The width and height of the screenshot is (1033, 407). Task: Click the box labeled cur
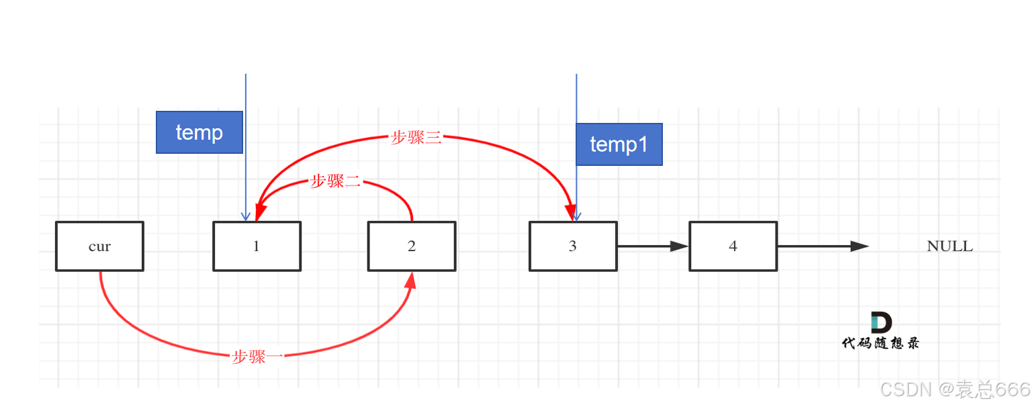pyautogui.click(x=99, y=246)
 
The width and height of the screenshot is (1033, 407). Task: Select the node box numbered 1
pyautogui.click(x=257, y=246)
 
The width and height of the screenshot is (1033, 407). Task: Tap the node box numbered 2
pyautogui.click(x=412, y=246)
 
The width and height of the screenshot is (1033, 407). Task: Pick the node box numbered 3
pyautogui.click(x=573, y=246)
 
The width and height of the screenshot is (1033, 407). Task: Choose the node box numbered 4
pyautogui.click(x=733, y=246)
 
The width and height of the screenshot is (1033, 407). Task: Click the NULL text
pyautogui.click(x=950, y=246)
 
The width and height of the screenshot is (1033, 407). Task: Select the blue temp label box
pyautogui.click(x=199, y=132)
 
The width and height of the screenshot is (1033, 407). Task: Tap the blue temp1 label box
pyautogui.click(x=619, y=144)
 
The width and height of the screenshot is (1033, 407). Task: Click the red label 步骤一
pyautogui.click(x=257, y=357)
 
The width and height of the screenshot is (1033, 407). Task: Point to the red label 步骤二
pyautogui.click(x=336, y=181)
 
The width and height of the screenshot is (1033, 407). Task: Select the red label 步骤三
pyautogui.click(x=416, y=138)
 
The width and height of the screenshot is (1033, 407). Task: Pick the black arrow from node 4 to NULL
pyautogui.click(x=823, y=246)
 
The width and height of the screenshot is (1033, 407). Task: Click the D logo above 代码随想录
pyautogui.click(x=881, y=322)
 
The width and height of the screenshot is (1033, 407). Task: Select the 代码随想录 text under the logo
pyautogui.click(x=881, y=343)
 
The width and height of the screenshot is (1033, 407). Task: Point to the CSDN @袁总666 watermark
pyautogui.click(x=954, y=389)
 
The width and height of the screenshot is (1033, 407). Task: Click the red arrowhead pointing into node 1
pyautogui.click(x=259, y=211)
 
